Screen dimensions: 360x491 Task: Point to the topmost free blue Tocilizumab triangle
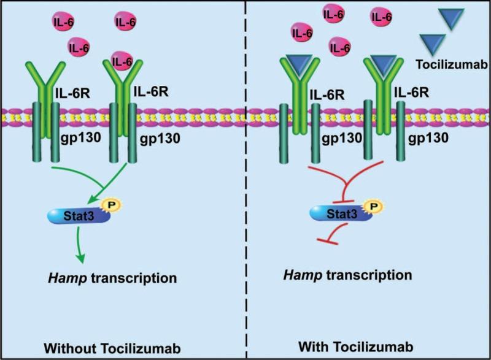click(x=455, y=20)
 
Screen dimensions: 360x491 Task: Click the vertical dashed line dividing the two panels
click(x=245, y=184)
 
